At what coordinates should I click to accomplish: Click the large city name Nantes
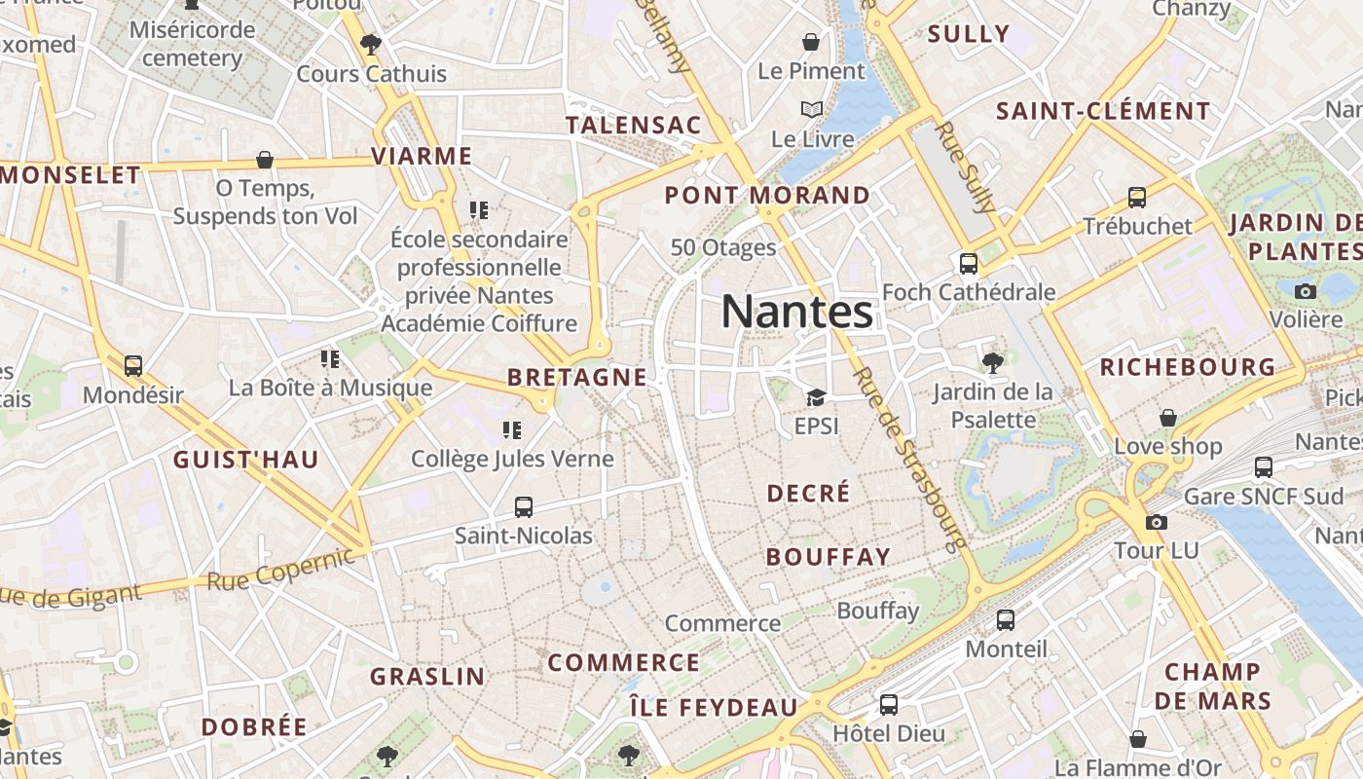796,313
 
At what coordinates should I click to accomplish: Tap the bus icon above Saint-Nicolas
524,506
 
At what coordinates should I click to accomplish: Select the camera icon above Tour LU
1157,522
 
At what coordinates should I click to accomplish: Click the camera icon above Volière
1306,290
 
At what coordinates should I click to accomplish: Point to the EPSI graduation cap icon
816,397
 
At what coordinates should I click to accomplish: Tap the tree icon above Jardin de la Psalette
993,363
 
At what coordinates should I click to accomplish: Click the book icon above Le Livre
812,110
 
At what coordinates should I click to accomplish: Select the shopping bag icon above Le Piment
810,42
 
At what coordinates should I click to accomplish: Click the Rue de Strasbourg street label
909,457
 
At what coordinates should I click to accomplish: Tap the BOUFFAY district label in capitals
828,557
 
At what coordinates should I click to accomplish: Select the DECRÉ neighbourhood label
808,494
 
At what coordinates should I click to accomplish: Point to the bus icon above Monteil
1006,619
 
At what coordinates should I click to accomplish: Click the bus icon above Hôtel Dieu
889,704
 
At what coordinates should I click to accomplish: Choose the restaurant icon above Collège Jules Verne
512,429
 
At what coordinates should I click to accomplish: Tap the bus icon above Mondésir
133,366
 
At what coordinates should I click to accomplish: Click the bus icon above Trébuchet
1137,198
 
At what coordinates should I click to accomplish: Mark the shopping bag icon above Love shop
1168,418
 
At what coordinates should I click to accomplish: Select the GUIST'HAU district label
245,460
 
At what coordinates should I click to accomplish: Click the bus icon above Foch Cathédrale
969,263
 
